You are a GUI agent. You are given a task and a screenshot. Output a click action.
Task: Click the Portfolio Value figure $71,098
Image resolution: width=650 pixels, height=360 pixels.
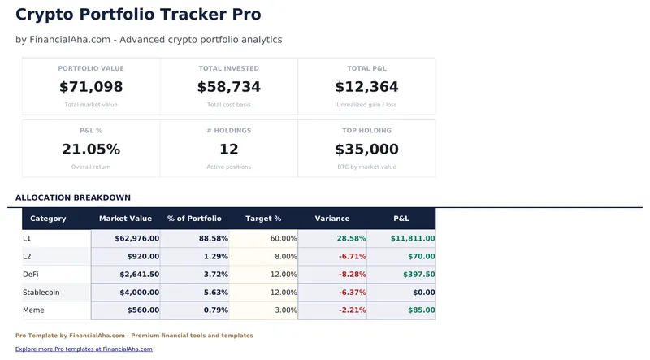coord(91,87)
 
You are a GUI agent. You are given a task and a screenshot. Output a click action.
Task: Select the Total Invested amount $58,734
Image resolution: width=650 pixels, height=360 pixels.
coord(229,87)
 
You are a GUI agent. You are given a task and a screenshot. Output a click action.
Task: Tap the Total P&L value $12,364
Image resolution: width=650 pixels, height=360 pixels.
coord(366,87)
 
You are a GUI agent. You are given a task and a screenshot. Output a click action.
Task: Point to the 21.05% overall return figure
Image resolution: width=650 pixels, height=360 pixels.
coord(91,150)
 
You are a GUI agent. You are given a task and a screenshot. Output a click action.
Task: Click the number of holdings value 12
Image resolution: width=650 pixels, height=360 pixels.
coord(229,150)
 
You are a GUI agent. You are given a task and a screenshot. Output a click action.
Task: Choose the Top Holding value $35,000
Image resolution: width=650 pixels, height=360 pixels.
coord(366,150)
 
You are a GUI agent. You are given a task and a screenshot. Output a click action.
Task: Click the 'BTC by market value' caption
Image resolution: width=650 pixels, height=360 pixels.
coord(366,167)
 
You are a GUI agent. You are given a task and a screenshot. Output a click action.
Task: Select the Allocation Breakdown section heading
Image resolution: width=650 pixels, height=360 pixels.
coord(73,197)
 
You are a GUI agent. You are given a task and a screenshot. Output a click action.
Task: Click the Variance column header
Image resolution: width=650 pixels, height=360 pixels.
coord(332,219)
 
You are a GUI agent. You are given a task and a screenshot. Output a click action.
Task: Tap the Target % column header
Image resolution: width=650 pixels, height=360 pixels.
coord(263,219)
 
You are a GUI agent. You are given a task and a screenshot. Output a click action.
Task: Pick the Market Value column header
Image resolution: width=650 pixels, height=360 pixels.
coord(125,219)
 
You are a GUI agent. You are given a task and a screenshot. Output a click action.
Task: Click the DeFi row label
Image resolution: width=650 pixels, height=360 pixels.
coord(33,275)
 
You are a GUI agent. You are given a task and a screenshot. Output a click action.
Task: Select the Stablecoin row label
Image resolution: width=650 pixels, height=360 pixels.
coord(41,293)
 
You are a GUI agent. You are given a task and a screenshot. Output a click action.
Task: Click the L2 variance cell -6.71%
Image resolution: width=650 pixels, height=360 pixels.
coord(351,257)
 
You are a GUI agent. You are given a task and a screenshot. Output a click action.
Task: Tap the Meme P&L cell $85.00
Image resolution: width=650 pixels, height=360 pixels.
coord(419,310)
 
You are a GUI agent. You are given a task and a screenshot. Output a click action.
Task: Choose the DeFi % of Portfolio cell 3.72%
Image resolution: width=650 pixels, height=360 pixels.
coord(213,275)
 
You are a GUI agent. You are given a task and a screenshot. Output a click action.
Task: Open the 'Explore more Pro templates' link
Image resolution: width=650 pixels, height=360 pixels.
coord(84,349)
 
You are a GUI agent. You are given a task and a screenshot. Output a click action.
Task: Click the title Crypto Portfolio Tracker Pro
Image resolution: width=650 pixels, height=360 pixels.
coord(138,15)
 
